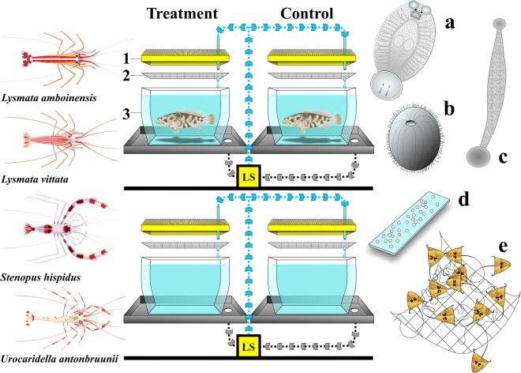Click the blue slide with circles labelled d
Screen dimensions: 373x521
tap(418, 226)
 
